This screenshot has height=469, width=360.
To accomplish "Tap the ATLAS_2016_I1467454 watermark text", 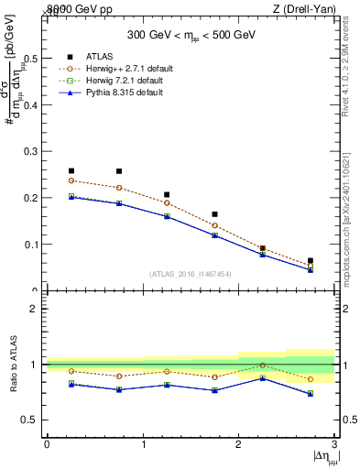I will click(190, 274).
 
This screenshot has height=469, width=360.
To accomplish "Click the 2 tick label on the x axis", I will click(238, 444).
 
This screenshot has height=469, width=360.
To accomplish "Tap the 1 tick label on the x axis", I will click(142, 444).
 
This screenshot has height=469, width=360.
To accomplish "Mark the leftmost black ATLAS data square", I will click(71, 170).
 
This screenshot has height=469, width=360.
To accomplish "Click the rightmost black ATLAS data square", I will click(311, 261).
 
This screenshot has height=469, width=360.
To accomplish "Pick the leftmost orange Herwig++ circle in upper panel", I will click(71, 180).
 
